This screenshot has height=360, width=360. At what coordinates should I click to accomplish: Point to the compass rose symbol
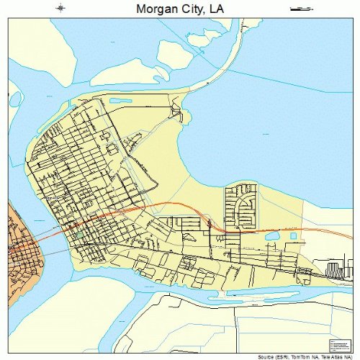[61, 9]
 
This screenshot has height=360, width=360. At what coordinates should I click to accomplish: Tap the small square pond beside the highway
[293, 235]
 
